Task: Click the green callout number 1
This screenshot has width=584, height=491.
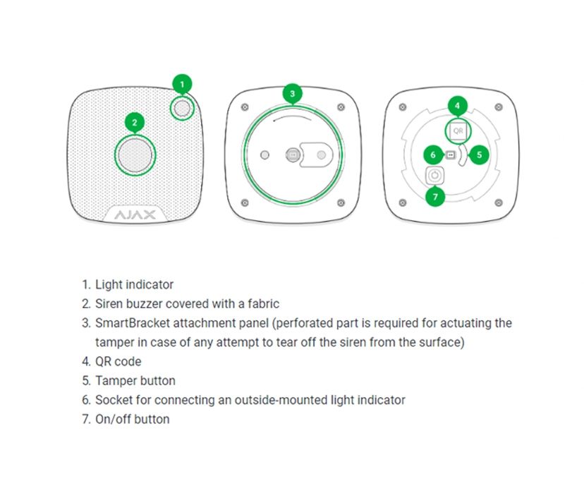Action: [182, 85]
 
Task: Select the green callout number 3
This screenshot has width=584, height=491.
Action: [293, 93]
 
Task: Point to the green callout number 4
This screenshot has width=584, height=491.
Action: [458, 107]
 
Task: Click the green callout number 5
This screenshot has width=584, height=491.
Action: [478, 154]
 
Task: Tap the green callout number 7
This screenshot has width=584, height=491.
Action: [435, 197]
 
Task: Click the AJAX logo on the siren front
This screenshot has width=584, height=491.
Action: [135, 214]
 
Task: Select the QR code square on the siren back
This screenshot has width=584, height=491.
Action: [457, 131]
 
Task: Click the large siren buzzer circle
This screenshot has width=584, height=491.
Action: [135, 154]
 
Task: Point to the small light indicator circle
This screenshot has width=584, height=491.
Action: [183, 108]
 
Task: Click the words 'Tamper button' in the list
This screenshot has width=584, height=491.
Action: [135, 381]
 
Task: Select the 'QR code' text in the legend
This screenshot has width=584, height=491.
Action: [118, 362]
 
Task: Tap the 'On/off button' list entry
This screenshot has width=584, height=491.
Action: [133, 419]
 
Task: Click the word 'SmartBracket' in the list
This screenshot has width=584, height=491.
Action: [129, 323]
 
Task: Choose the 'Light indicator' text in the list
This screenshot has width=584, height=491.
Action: [134, 285]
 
